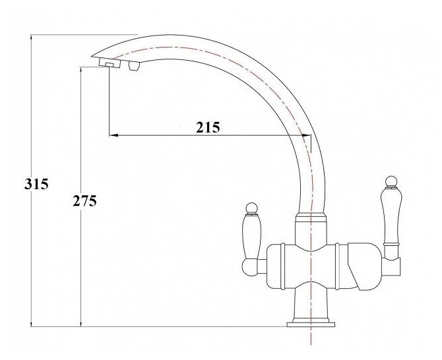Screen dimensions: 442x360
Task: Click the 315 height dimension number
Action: [x=36, y=185]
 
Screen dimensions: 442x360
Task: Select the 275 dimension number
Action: [x=84, y=201]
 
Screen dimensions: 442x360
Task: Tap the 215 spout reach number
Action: [x=208, y=127]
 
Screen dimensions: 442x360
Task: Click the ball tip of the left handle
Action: [x=251, y=208]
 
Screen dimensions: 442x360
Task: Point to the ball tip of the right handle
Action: [x=391, y=182]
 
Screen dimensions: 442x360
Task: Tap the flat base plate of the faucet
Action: [x=311, y=324]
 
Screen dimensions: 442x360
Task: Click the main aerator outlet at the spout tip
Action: [x=110, y=63]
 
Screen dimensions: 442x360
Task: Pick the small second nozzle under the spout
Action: [x=134, y=66]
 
